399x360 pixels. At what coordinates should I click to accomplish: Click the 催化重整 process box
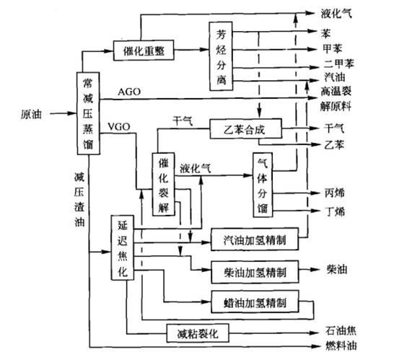coord(144,51)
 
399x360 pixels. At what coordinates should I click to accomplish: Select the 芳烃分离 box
coord(221,56)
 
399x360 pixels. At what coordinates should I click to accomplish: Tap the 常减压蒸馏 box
coord(88,113)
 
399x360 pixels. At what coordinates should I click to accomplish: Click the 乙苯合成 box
coord(246,128)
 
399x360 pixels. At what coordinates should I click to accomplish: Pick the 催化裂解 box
coord(163,185)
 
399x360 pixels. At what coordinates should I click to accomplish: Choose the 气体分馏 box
coord(263,185)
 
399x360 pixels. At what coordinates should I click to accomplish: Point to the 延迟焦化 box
coord(123,247)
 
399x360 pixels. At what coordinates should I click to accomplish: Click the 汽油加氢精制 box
coord(255,240)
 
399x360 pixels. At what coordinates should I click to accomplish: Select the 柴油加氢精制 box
coord(255,272)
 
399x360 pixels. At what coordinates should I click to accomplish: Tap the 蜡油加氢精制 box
coord(255,302)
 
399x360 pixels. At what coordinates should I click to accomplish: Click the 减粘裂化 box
coord(198,333)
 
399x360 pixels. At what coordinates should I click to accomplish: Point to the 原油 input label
coord(31,114)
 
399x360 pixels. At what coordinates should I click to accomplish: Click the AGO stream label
coord(129,92)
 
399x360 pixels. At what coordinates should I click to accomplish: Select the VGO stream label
coord(119,126)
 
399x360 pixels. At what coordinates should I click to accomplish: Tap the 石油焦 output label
coord(341,330)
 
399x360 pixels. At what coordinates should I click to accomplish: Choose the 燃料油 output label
coord(341,346)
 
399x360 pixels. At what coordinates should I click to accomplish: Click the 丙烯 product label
coord(335,193)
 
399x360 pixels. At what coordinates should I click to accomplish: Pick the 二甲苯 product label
coord(338,63)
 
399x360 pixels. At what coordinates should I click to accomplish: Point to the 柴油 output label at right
coord(337,269)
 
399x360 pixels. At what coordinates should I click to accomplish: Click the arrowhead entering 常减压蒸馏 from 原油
coord(72,113)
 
